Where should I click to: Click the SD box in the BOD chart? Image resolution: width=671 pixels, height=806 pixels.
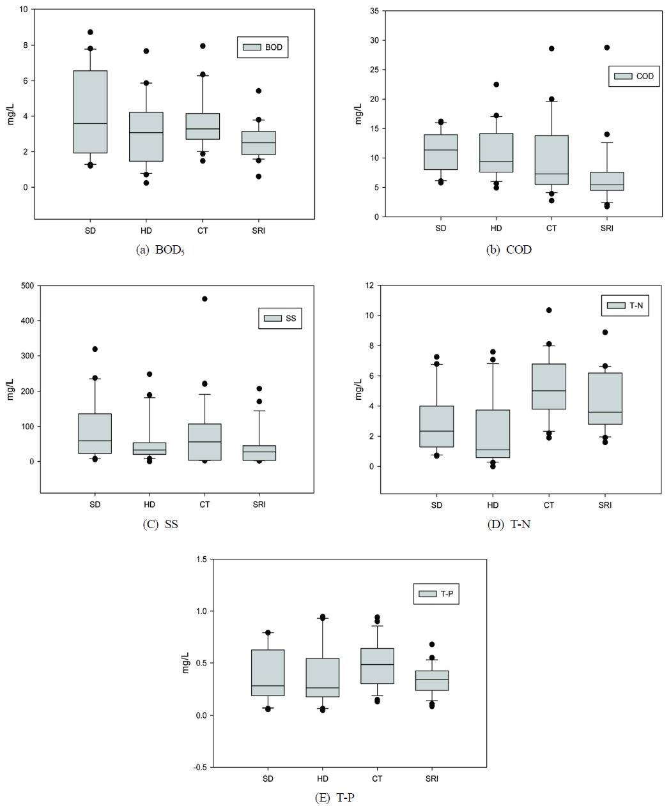tap(90, 112)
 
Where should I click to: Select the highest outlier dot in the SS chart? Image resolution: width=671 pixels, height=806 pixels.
tap(204, 299)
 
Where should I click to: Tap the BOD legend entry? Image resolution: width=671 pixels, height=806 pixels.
tap(262, 47)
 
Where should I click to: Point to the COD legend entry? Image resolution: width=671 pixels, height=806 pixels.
tap(633, 76)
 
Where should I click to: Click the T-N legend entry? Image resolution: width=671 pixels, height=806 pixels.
tap(626, 305)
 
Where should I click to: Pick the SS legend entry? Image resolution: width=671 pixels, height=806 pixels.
tap(280, 318)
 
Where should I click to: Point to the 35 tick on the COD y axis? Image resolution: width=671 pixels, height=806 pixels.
tap(374, 11)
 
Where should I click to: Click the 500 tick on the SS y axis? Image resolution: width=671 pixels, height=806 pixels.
tap(27, 285)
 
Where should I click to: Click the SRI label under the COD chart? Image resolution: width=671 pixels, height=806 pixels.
tap(606, 229)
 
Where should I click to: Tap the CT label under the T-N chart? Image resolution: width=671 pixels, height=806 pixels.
tap(549, 505)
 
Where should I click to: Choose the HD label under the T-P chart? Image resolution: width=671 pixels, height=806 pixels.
tap(323, 779)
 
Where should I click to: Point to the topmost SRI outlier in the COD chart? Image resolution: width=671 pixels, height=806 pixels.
tap(606, 47)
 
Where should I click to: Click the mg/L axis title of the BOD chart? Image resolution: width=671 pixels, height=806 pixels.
tap(11, 113)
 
